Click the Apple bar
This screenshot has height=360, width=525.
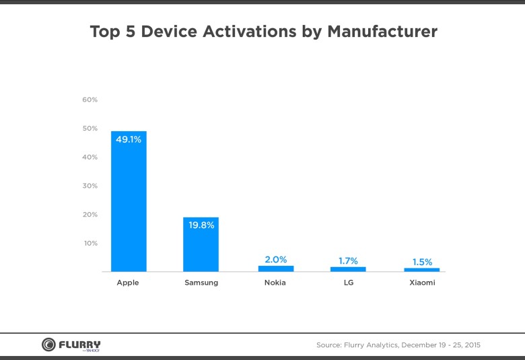coord(129,201)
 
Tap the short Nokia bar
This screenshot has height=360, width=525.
coord(276,268)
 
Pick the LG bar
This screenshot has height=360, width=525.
coord(348,269)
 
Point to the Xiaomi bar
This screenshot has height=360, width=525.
coord(422,269)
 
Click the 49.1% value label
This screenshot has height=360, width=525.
coord(129,140)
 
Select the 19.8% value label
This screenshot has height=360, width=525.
coord(201,225)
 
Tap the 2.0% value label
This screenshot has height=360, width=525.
coord(276,259)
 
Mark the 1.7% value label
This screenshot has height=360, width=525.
coord(348,260)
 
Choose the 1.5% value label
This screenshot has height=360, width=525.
coord(422,262)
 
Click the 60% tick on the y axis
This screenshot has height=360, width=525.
coord(90,100)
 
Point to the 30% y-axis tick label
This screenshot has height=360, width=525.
coord(90,186)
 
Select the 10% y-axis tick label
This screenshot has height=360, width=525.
coord(90,243)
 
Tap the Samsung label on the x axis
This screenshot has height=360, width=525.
coord(201,283)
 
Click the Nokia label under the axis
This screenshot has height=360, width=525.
coord(275,283)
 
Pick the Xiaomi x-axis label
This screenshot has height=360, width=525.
coord(422,283)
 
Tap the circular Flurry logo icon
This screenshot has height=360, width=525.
coord(48,345)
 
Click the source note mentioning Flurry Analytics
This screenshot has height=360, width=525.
coord(398,345)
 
